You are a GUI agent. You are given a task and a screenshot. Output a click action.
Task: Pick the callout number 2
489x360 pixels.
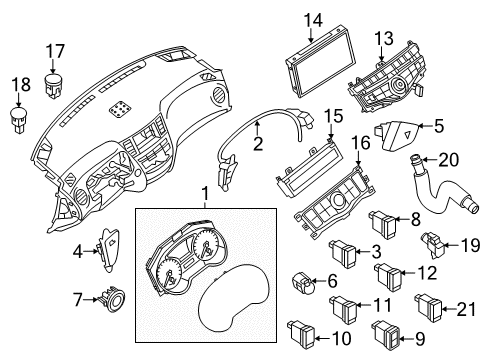tap(257, 145)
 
